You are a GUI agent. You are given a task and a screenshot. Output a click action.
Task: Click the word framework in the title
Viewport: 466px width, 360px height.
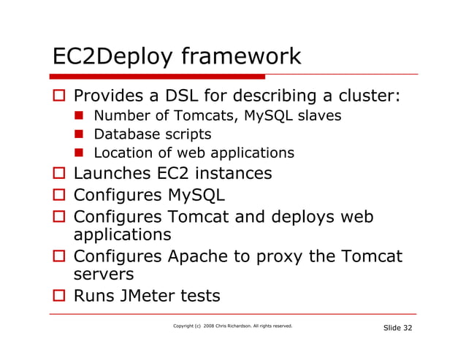(x=240, y=56)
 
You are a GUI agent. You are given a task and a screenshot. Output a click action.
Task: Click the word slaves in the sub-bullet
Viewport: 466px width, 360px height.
(x=320, y=115)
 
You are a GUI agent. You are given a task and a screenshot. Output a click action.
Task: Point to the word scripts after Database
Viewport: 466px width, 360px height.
(x=187, y=134)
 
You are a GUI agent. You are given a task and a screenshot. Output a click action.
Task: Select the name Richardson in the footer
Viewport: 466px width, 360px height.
(x=247, y=326)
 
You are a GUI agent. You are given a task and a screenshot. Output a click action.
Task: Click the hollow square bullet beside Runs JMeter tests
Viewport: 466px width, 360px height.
(x=59, y=296)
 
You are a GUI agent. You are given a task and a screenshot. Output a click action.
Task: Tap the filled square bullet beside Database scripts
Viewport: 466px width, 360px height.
(x=81, y=135)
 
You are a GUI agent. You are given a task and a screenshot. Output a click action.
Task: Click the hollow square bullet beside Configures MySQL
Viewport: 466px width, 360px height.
(x=59, y=196)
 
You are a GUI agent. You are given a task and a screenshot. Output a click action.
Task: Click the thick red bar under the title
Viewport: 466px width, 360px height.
(x=158, y=76)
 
